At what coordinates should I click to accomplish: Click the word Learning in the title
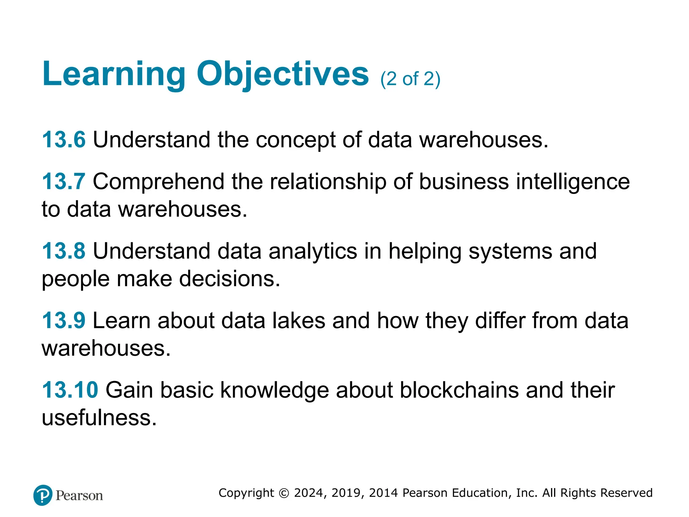point(114,74)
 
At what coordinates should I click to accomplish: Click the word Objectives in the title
point(283,74)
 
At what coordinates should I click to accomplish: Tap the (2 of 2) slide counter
point(410,79)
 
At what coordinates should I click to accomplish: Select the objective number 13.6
point(64,139)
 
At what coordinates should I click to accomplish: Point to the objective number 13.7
point(64,181)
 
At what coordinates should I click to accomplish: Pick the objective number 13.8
point(64,251)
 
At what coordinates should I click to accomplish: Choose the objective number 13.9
point(64,320)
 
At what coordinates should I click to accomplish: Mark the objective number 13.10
point(70,390)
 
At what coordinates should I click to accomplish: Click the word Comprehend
point(158,182)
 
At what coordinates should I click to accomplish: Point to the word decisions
point(229,279)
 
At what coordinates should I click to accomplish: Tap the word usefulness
point(99,418)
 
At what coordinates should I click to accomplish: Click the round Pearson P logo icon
point(43,495)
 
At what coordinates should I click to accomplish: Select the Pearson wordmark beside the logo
point(79,496)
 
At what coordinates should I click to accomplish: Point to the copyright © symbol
point(284,493)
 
